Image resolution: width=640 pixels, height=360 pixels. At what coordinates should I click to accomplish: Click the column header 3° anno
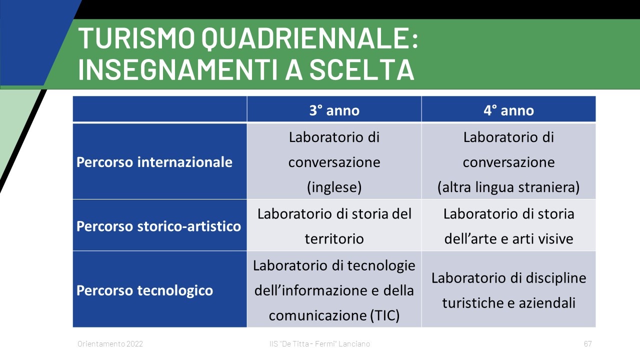pos(334,110)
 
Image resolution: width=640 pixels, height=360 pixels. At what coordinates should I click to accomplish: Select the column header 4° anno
pos(508,110)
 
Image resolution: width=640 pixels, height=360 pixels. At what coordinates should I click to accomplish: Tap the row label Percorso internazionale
pos(154,162)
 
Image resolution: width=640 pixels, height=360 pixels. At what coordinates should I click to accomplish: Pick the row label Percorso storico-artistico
pos(158,226)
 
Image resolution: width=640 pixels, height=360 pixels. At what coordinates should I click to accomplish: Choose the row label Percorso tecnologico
pos(144,290)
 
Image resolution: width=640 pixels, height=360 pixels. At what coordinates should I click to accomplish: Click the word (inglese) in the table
pos(334,187)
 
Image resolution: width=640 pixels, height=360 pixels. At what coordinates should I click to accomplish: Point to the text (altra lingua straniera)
pos(508,187)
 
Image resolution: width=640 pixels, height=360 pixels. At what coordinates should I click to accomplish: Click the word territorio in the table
pos(334,238)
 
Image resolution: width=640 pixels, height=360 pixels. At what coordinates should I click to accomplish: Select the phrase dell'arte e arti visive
pos(508,238)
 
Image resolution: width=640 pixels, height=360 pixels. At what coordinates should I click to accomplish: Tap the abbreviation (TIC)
pos(384,315)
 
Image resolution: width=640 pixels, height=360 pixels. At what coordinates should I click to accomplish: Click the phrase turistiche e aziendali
pos(508,303)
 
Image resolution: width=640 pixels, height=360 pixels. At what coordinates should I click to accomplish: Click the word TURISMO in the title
pos(136,38)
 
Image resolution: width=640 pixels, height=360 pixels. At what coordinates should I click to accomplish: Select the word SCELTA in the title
pos(361,69)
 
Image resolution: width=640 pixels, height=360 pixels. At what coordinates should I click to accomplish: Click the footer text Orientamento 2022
pos(110,343)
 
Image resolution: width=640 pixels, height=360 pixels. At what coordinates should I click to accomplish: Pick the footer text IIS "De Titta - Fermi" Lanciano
pos(319,343)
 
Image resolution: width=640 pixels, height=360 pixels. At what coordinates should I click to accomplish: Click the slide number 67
pos(587,343)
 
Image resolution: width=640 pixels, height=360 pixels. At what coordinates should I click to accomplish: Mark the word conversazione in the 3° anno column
pos(334,162)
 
